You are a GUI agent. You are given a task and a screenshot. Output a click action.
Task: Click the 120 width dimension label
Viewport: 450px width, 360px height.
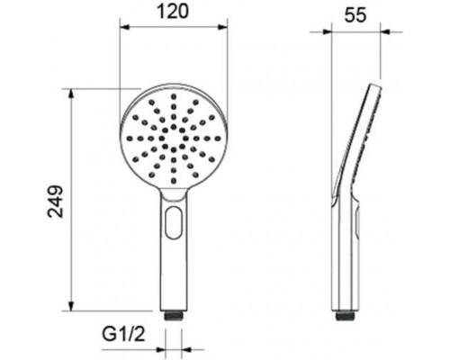173,12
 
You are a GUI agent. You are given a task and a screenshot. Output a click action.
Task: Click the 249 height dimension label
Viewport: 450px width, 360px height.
56,202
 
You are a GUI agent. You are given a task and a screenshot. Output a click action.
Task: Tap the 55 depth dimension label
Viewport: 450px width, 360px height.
355,15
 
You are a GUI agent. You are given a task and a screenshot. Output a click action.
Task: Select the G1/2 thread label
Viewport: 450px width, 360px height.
123,334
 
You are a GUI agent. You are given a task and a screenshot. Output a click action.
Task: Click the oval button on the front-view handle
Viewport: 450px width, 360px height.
174,222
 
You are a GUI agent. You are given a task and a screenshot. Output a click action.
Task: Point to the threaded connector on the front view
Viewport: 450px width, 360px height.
174,316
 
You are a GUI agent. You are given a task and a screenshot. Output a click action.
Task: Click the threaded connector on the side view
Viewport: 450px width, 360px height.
344,316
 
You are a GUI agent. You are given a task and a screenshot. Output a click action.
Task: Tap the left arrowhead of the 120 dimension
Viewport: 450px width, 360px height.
124,27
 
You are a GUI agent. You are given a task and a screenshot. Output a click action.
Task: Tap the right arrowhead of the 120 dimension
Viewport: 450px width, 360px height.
222,27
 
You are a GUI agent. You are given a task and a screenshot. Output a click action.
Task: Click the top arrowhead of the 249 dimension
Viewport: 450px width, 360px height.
71,94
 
